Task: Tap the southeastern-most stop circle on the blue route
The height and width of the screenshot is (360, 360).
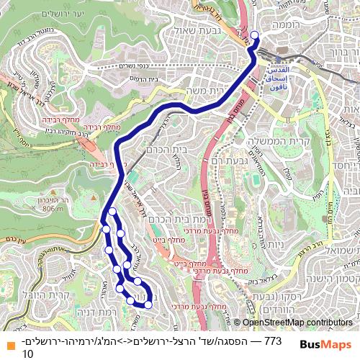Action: pos(148,305)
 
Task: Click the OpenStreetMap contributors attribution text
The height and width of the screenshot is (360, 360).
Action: pos(297,322)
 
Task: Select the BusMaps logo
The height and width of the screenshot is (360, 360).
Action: pos(327,344)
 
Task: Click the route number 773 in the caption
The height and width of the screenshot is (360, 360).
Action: pos(273,340)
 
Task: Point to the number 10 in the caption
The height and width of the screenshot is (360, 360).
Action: pos(28,354)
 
